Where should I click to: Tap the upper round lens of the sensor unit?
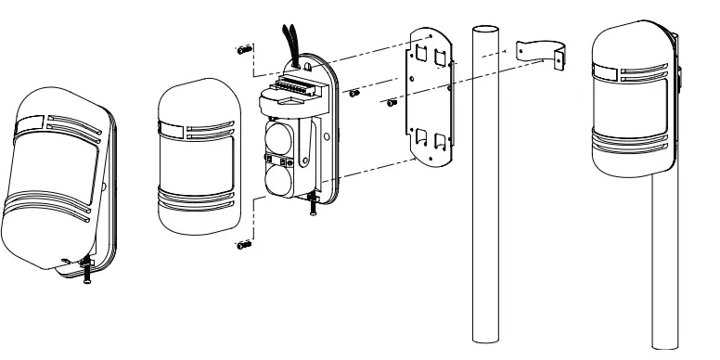click(281, 137)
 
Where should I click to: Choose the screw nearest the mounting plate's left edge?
click(391, 99)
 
